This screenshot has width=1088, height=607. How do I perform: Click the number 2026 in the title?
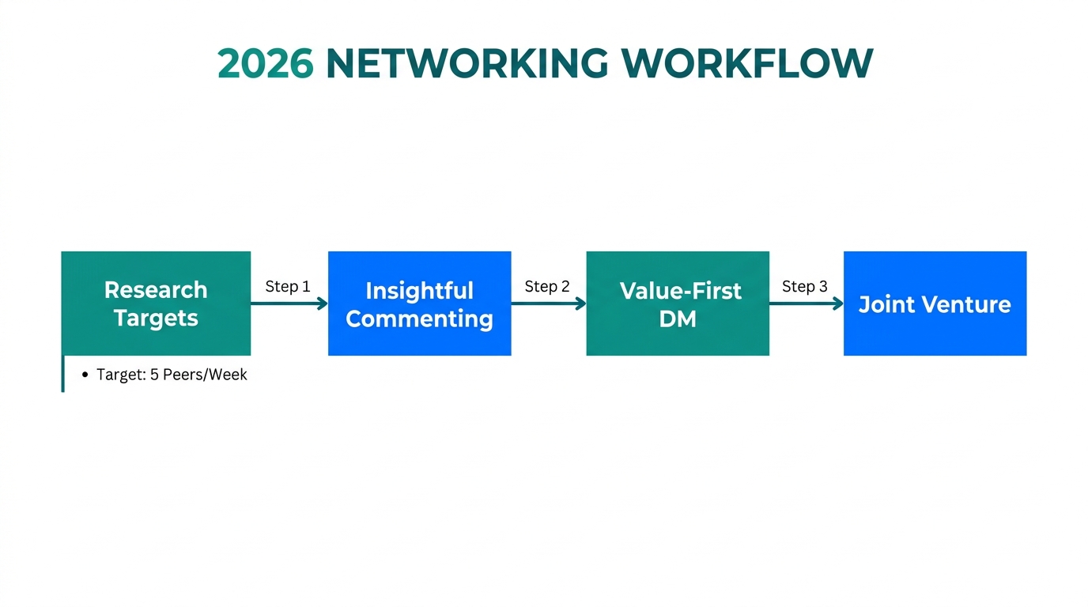[265, 64]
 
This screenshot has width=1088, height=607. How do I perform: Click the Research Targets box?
[156, 303]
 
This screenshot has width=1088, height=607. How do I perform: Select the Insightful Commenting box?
[419, 303]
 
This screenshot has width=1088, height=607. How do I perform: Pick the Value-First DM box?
[678, 303]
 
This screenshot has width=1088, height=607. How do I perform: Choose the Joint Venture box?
[935, 303]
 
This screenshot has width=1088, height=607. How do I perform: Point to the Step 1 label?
[288, 286]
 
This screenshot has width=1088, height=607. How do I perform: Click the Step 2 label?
[547, 286]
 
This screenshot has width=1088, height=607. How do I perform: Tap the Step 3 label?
[805, 286]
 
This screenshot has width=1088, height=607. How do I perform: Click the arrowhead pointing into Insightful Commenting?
[323, 303]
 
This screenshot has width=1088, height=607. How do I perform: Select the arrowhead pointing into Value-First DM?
[581, 303]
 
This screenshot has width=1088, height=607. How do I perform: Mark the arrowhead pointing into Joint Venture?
[839, 303]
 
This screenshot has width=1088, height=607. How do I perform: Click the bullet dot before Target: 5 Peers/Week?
[85, 375]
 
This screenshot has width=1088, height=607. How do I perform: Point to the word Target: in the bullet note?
[121, 375]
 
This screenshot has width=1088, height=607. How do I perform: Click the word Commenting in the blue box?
[419, 319]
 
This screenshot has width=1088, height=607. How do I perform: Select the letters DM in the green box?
[678, 319]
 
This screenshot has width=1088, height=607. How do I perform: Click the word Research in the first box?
[156, 290]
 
